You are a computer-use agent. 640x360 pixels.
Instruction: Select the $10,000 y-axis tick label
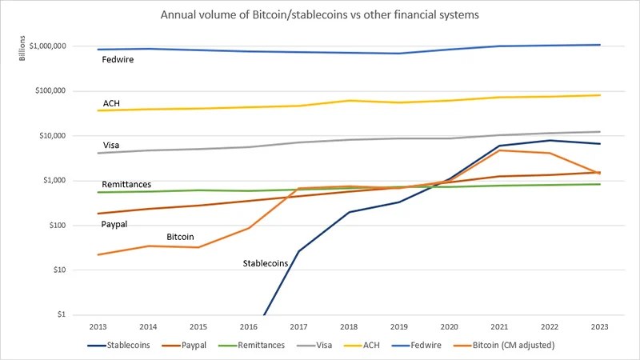coord(51,135)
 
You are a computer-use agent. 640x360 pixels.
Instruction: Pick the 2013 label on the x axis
coord(98,326)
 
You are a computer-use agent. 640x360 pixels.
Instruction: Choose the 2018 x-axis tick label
coord(349,326)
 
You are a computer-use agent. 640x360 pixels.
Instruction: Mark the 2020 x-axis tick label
coord(450,326)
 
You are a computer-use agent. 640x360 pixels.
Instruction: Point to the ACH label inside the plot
coord(112,103)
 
